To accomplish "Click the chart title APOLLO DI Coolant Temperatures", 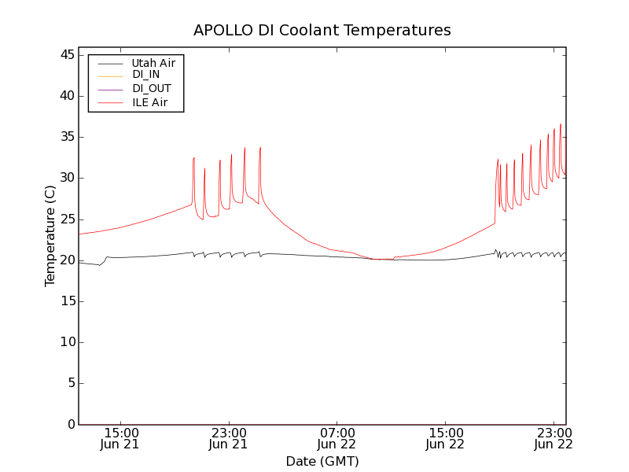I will click(322, 31).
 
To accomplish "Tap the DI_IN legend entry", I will click(145, 75).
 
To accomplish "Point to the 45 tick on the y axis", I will click(65, 55).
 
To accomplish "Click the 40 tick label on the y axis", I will click(65, 96).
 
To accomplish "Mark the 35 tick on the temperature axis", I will click(65, 137).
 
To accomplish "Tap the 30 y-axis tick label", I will click(65, 178).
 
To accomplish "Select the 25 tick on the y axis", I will click(65, 219).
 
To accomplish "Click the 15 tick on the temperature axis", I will click(65, 301).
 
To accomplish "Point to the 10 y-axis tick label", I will click(65, 342).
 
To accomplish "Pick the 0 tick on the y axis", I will click(69, 424).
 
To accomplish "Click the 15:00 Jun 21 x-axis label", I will click(121, 439).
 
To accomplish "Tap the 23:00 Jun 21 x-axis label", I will click(229, 439).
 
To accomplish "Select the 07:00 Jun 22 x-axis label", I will click(337, 439).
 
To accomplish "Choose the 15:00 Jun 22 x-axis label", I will click(445, 439).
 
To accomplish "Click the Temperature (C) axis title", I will click(50, 236).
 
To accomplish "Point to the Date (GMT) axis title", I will click(322, 461).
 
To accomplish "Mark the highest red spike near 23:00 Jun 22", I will click(561, 124).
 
